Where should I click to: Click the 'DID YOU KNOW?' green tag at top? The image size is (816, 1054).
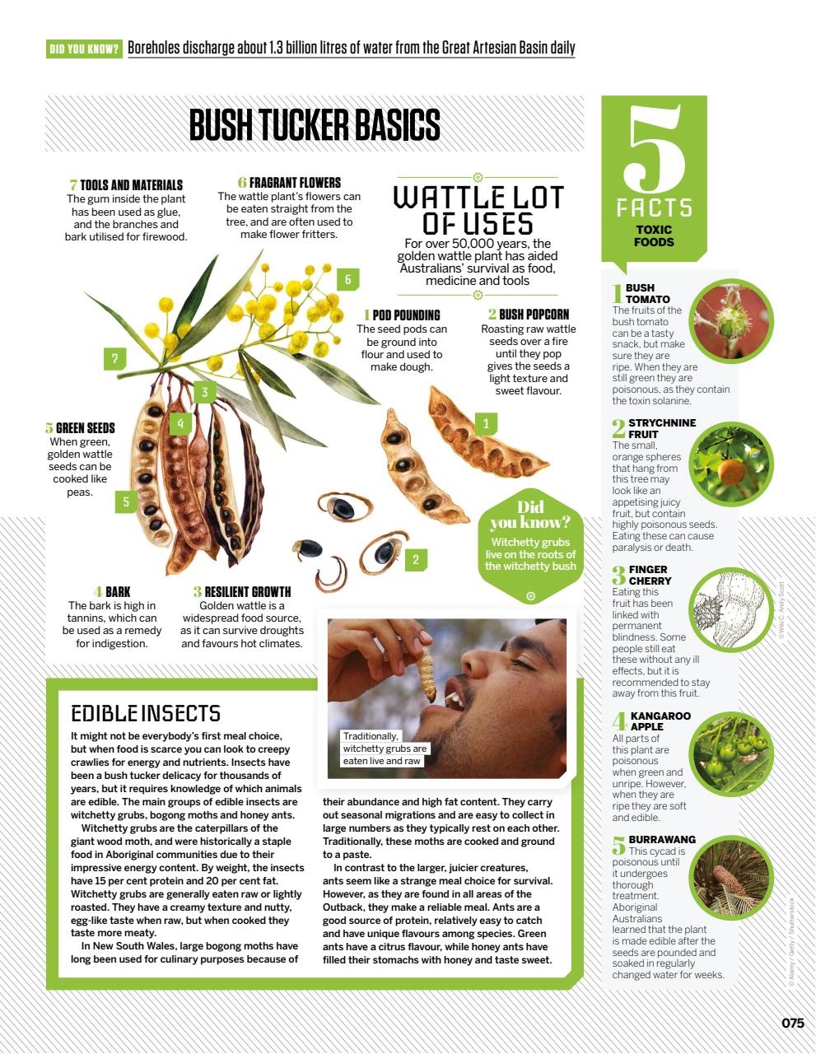pyautogui.click(x=85, y=49)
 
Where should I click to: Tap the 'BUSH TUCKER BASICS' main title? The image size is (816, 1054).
pyautogui.click(x=315, y=126)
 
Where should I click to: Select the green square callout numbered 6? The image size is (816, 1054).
pyautogui.click(x=348, y=280)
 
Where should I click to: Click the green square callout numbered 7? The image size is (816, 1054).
pyautogui.click(x=115, y=358)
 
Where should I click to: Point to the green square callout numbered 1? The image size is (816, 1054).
pyautogui.click(x=486, y=424)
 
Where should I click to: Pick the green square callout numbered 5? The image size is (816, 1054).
pyautogui.click(x=126, y=501)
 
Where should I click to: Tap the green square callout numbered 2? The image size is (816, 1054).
pyautogui.click(x=415, y=560)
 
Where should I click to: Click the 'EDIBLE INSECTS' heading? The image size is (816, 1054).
pyautogui.click(x=146, y=713)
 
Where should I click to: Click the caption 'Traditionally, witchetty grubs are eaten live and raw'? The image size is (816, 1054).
pyautogui.click(x=385, y=749)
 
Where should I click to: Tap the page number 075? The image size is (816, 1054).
pyautogui.click(x=792, y=1023)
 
